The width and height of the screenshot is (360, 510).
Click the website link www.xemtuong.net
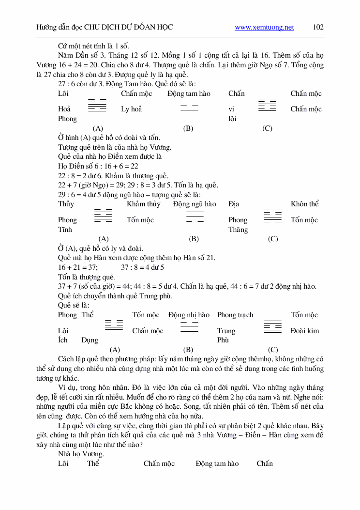point(264,28)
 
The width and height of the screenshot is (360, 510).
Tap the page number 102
point(318,27)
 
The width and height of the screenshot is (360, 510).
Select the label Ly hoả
point(132,109)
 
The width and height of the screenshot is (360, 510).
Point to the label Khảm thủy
point(143,204)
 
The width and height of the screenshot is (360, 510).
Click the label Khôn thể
point(305,204)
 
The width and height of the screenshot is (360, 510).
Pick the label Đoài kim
point(305,331)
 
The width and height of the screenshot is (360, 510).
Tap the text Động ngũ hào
point(195,204)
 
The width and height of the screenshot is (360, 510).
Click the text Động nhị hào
point(189,315)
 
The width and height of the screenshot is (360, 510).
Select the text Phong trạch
point(235,315)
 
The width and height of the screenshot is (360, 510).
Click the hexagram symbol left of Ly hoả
point(97,106)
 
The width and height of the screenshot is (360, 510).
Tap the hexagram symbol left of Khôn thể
point(272,216)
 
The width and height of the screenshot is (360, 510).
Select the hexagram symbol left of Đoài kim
point(272,327)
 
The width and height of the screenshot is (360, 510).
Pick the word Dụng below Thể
point(90,340)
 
